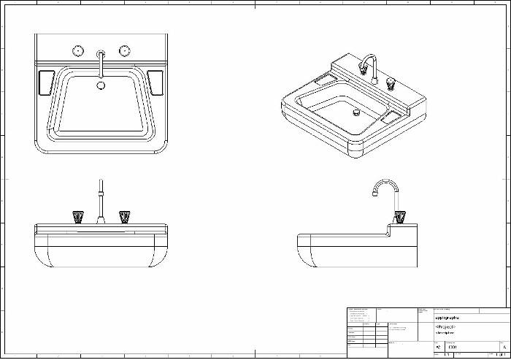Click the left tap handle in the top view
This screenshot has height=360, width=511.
click(x=77, y=50)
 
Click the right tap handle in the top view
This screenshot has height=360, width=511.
click(x=124, y=50)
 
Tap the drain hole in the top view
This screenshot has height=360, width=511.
click(x=101, y=85)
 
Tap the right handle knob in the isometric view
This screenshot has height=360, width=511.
click(x=391, y=82)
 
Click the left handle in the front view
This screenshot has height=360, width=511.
click(x=78, y=216)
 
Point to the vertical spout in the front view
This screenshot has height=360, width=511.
click(x=100, y=201)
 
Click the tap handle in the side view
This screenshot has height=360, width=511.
click(x=399, y=216)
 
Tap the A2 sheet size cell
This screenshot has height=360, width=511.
click(x=437, y=347)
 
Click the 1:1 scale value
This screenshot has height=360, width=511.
click(x=447, y=355)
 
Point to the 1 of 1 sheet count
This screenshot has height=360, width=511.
click(x=500, y=355)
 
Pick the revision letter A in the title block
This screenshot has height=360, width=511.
click(x=505, y=347)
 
